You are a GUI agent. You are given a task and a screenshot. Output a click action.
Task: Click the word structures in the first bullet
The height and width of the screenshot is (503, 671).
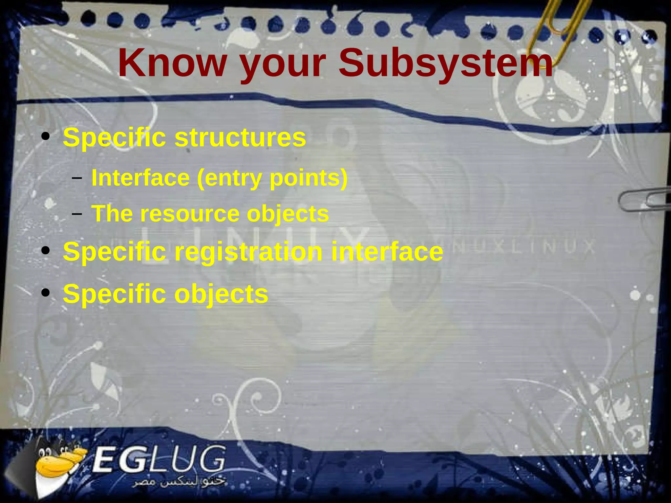(240, 137)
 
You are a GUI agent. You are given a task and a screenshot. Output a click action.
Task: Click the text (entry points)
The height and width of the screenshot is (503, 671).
(272, 179)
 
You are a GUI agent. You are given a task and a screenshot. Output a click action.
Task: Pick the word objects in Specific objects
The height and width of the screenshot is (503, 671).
(221, 294)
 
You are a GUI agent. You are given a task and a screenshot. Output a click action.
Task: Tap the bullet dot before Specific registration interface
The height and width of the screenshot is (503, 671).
(46, 251)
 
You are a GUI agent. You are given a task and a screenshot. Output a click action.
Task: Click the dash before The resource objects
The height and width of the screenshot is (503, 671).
(77, 214)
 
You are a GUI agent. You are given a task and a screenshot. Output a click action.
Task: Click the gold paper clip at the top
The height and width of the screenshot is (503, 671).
(557, 26)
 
